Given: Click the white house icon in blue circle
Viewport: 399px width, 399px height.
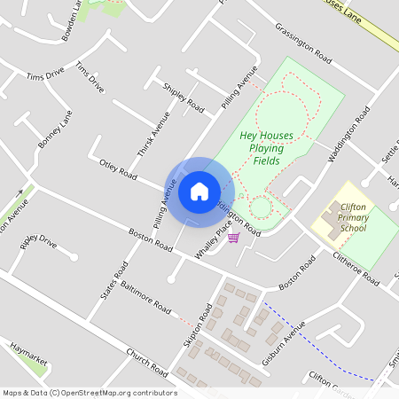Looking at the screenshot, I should (x=199, y=191).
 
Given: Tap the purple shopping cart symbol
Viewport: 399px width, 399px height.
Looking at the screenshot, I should (x=233, y=238).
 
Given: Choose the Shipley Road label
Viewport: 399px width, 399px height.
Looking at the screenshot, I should (x=184, y=98).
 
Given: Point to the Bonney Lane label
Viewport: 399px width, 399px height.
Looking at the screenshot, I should (x=54, y=129).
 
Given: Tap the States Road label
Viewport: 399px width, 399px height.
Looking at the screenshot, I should (x=114, y=281).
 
